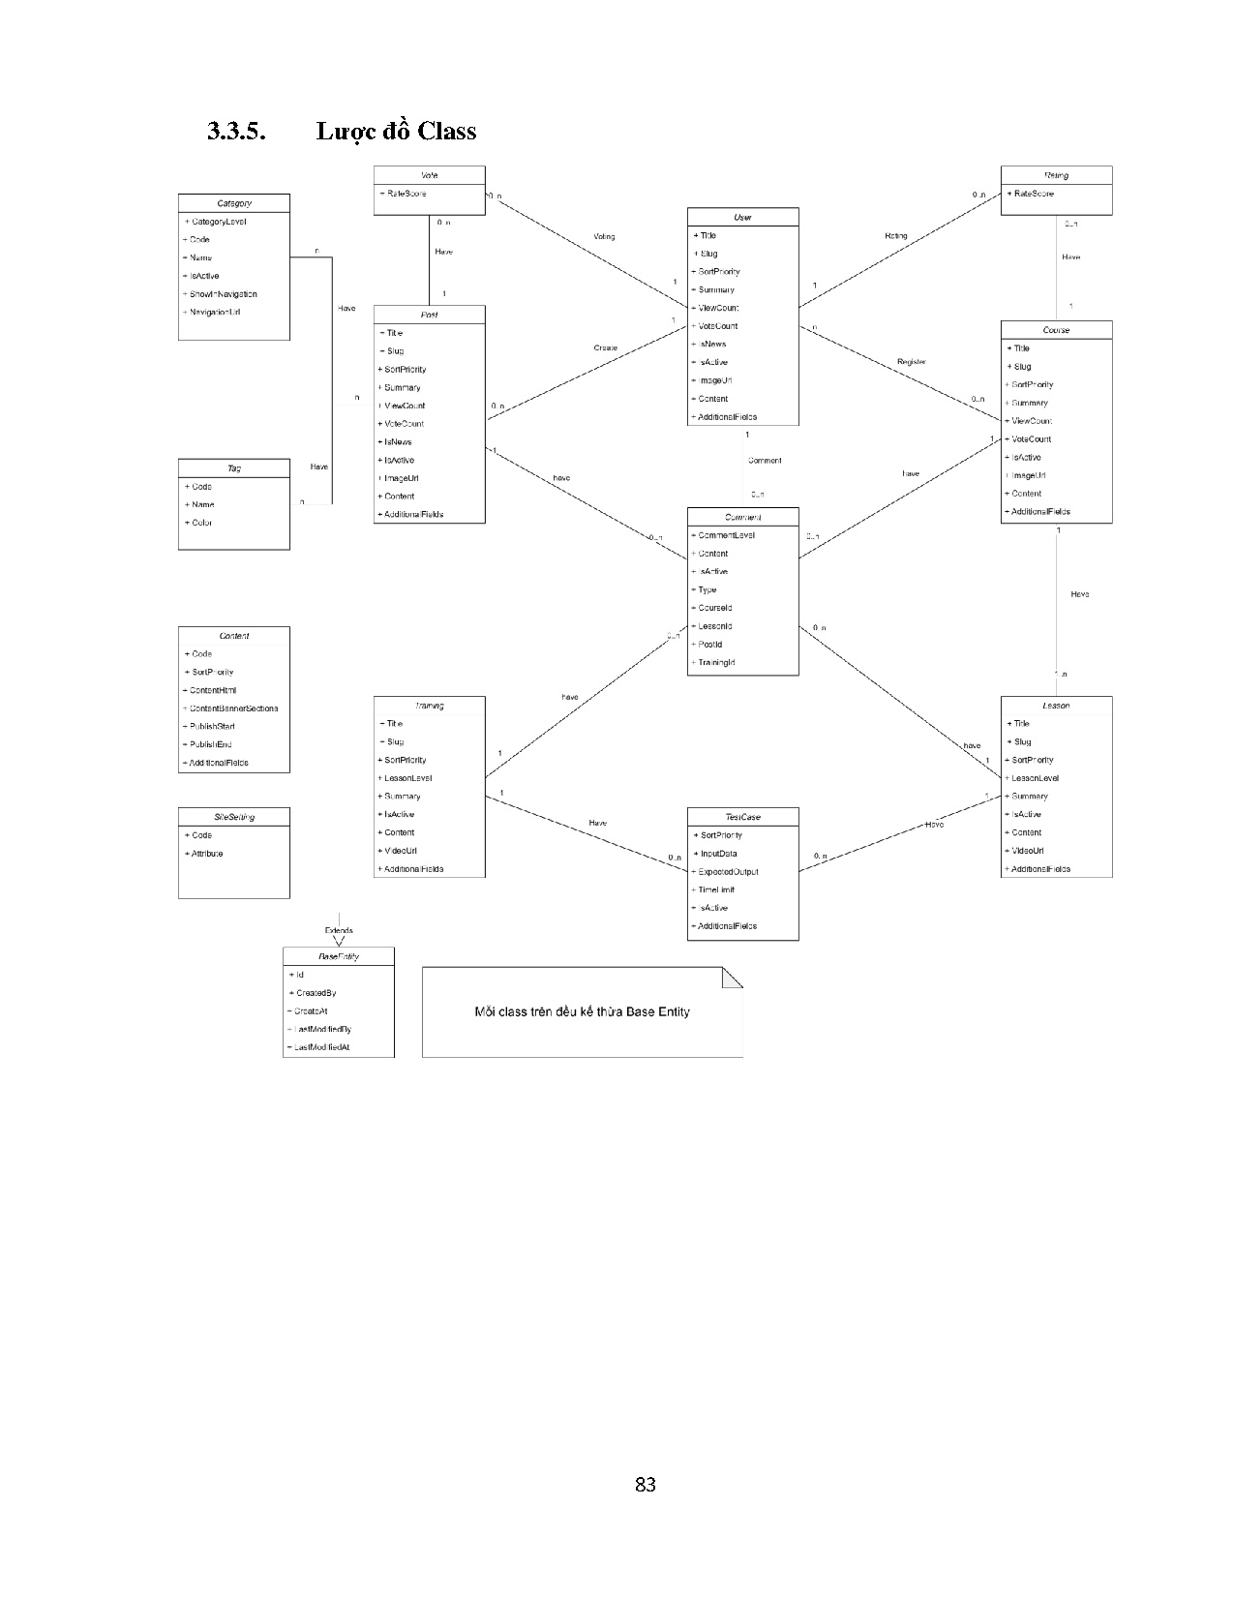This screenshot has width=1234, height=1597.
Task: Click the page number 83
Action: (x=646, y=1485)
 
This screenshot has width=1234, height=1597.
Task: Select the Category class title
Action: (x=234, y=203)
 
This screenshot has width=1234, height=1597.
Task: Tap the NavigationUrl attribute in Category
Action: (x=215, y=313)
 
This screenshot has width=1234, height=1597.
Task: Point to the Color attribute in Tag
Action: (x=201, y=523)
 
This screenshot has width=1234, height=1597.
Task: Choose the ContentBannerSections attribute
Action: (x=233, y=708)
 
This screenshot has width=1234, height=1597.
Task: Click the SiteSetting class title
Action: (x=234, y=817)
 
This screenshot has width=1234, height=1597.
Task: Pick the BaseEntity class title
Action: (x=339, y=956)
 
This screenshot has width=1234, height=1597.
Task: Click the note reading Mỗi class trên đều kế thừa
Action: (x=582, y=1012)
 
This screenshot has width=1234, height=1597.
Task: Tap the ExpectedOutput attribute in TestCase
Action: (x=728, y=872)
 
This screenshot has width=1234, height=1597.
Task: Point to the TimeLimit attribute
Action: (x=716, y=890)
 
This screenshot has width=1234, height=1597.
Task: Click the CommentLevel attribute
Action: (x=726, y=535)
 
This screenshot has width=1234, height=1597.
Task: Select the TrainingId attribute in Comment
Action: (x=716, y=663)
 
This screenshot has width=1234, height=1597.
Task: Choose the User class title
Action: (x=743, y=218)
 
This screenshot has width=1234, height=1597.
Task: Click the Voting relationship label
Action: (x=604, y=237)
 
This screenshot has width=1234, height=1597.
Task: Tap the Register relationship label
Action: (x=911, y=362)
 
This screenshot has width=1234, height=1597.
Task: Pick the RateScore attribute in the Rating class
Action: (x=1034, y=194)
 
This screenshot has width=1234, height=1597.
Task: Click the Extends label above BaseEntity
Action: (x=339, y=931)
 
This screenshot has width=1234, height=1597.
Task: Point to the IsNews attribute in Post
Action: (x=398, y=442)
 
